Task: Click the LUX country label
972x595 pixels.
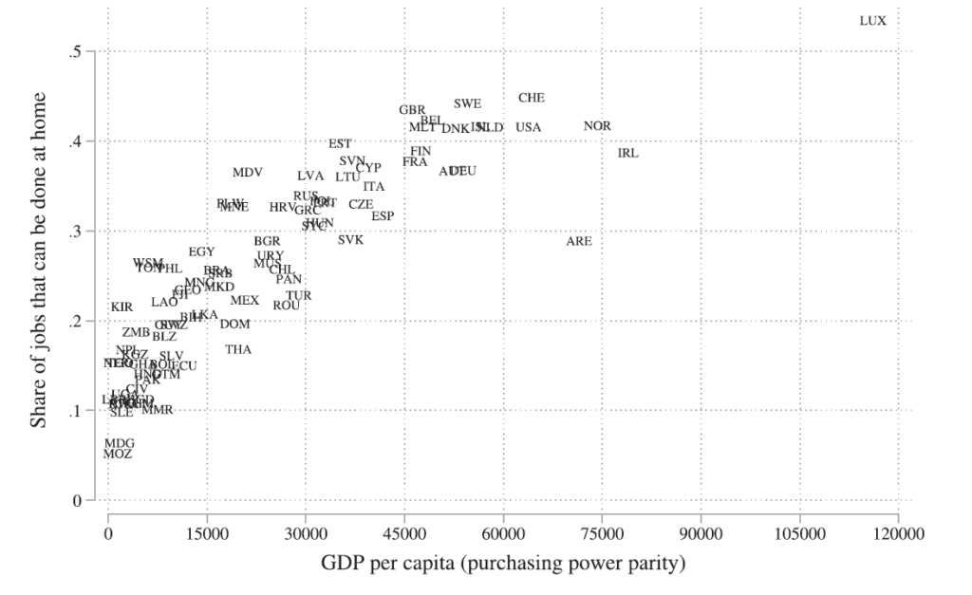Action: coord(872,21)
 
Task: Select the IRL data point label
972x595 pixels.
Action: coord(628,153)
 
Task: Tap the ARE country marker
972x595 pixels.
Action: coord(579,242)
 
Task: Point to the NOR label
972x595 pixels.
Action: coord(597,126)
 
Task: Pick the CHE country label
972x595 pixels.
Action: coord(532,98)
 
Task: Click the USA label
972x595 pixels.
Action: coord(529,127)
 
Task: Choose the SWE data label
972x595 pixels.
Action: coord(467,104)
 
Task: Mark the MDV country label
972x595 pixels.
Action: coord(247,173)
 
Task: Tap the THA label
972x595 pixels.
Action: coord(238,350)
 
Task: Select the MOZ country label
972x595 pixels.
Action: coord(118,455)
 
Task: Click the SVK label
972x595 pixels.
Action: coord(350,240)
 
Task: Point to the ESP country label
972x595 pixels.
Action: coord(383,216)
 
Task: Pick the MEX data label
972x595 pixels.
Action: coord(244,301)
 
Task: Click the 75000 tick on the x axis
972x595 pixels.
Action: coord(602,534)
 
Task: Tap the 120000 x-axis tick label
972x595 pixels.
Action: coord(899,534)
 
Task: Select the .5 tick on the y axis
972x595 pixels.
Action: coord(75,51)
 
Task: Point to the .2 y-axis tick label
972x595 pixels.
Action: coord(75,321)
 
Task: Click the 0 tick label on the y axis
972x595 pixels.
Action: coord(79,500)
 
